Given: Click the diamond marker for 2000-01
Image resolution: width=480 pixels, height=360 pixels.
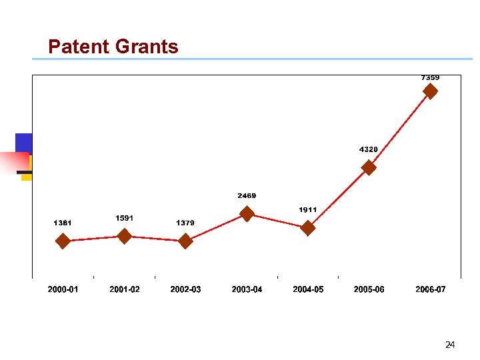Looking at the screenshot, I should click(63, 241).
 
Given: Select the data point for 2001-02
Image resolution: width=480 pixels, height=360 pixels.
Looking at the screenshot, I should click(124, 236).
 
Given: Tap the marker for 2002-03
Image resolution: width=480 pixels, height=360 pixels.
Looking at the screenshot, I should click(185, 241).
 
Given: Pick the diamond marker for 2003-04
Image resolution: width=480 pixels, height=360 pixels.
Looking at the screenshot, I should click(247, 213).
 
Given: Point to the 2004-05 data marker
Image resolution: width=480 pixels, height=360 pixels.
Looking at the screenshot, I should click(308, 228).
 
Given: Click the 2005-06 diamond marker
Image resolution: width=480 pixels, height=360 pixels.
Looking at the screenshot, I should click(369, 168).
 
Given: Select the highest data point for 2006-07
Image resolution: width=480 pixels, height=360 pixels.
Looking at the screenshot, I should click(431, 91).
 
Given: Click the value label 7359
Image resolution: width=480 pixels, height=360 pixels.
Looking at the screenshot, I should click(430, 77).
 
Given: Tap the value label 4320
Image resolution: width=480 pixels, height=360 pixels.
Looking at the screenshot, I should click(369, 149).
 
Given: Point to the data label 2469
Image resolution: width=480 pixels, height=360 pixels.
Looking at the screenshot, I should click(247, 196).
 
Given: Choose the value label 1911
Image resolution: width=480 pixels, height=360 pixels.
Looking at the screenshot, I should click(307, 210).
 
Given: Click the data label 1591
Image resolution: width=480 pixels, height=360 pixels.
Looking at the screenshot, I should click(124, 218).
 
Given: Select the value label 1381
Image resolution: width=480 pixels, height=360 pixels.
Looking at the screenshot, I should click(63, 223).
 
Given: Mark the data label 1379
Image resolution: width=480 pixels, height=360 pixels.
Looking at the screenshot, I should click(185, 223).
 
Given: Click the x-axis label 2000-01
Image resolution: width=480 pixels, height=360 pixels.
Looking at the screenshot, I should click(63, 289).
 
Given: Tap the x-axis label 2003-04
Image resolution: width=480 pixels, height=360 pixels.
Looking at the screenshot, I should click(247, 289).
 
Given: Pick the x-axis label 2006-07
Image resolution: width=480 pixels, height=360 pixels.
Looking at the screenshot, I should click(431, 289).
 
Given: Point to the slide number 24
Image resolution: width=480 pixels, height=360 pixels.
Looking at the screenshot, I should click(450, 345).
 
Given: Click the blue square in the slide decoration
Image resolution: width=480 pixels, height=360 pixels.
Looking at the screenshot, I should click(23, 143).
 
